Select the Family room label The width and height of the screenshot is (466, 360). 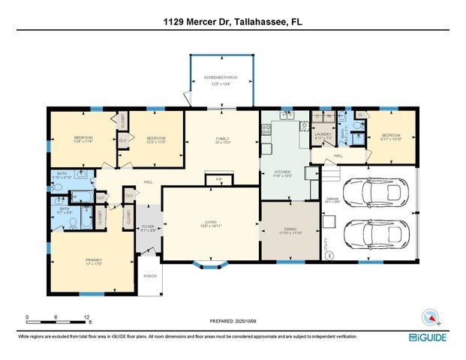pos(222,140)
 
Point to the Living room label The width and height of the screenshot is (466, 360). pos(211,222)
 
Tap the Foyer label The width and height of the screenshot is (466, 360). pos(147,228)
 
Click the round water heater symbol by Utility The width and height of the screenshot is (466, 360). pos(328,256)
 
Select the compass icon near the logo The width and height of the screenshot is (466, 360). pos(429,316)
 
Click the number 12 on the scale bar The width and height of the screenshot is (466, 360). pos(87,316)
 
